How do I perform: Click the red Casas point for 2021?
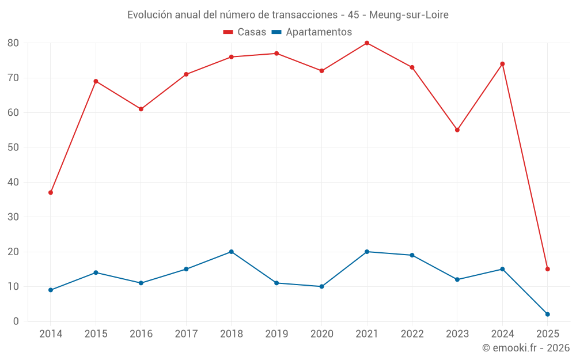367,43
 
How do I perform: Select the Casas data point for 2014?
51,192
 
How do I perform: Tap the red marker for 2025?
548,269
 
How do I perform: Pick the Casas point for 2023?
457,130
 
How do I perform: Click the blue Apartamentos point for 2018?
232,252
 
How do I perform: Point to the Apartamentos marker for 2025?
548,314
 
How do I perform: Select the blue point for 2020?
322,286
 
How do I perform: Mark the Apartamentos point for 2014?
51,290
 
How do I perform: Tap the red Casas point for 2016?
141,109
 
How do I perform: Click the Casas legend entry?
245,32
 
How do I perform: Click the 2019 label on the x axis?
276,334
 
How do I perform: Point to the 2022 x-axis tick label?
412,334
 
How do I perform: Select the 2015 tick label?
96,334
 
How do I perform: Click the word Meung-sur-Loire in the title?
409,14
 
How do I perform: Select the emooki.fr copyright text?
526,348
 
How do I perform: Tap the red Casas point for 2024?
502,64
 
